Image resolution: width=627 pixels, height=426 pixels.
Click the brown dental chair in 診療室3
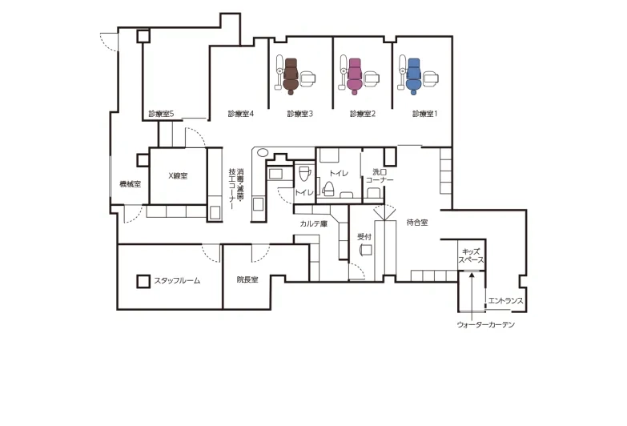291,76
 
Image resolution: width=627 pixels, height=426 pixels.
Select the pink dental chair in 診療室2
355,76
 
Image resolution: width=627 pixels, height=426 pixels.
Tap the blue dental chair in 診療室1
413,76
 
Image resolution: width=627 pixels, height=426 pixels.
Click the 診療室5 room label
161,114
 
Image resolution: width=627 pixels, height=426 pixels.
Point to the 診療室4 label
241,114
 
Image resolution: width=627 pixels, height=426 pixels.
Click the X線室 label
178,175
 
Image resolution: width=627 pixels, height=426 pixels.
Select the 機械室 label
130,184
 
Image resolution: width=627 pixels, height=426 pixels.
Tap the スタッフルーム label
177,281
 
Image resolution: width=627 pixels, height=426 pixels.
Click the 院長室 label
247,279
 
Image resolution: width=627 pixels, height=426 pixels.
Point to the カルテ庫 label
314,223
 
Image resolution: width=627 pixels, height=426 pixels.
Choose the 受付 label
364,237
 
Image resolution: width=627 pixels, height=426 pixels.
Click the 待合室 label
417,223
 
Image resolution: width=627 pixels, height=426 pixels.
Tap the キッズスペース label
471,256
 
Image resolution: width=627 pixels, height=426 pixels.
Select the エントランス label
505,301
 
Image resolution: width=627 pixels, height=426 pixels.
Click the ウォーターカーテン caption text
486,324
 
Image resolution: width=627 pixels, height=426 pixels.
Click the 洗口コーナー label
380,176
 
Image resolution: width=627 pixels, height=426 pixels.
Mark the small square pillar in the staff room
143,281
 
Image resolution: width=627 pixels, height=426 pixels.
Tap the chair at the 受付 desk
365,250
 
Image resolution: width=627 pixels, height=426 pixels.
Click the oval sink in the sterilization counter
263,152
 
